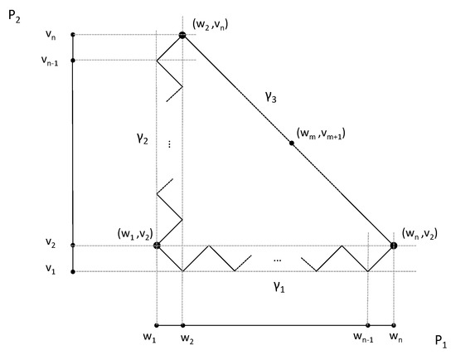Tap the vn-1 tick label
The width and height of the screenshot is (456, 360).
pyautogui.click(x=51, y=60)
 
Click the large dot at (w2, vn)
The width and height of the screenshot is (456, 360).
pyautogui.click(x=182, y=35)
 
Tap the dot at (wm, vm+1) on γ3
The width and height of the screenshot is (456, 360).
pyautogui.click(x=292, y=144)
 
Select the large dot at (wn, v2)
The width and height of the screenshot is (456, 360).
pyautogui.click(x=394, y=246)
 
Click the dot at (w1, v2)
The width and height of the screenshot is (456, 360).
pyautogui.click(x=157, y=246)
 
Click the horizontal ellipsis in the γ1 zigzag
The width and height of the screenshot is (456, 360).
pyautogui.click(x=276, y=260)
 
